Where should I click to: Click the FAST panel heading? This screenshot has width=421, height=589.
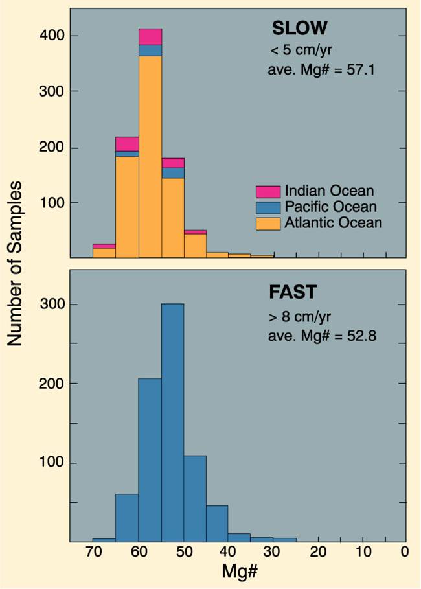tap(293, 292)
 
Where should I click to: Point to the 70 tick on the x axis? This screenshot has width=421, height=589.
tap(93, 553)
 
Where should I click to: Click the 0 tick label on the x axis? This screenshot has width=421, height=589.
tap(404, 553)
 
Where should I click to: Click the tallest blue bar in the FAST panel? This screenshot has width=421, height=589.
tap(172, 421)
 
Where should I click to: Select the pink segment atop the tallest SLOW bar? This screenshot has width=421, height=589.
tap(150, 36)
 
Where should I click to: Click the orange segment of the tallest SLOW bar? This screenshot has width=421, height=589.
tap(150, 156)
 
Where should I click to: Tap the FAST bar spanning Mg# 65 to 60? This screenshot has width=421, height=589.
tap(127, 517)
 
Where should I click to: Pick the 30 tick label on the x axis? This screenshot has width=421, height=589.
tap(272, 553)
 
